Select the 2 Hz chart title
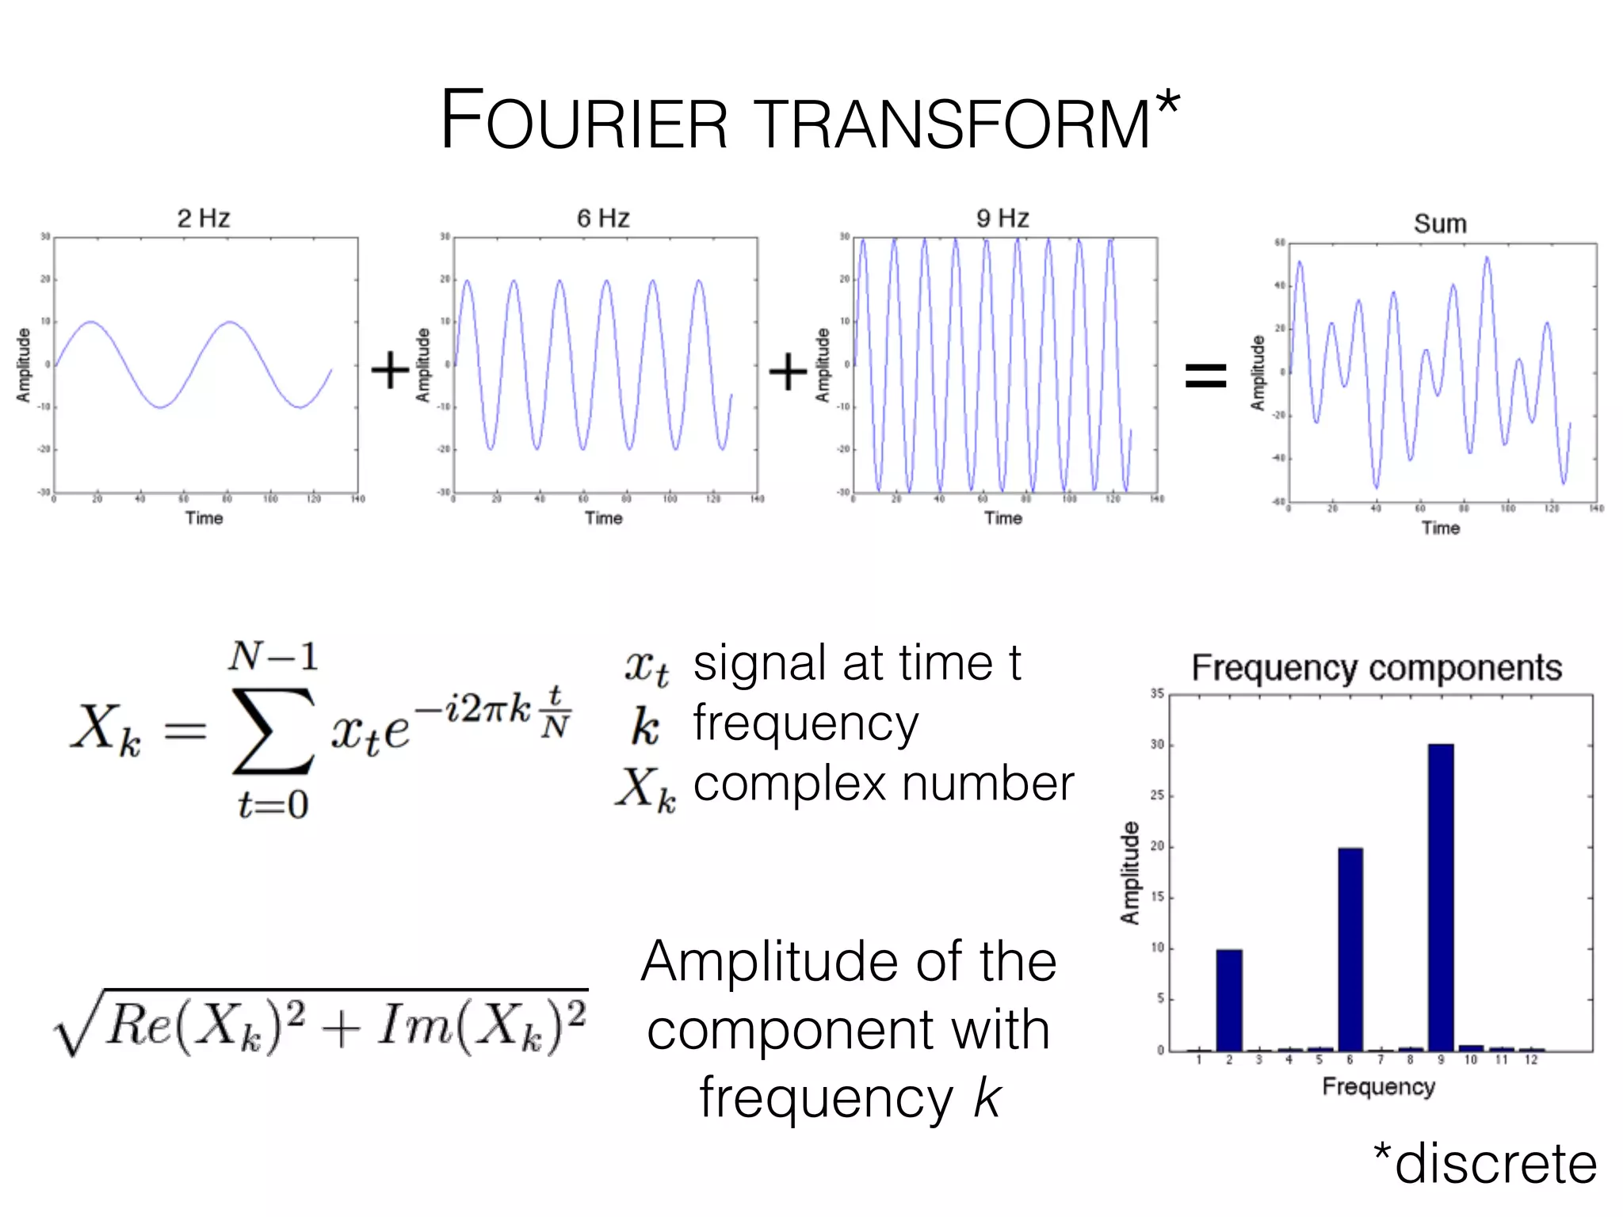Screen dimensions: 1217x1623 tap(204, 218)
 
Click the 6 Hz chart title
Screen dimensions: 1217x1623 tap(603, 218)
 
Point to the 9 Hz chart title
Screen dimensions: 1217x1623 tap(1002, 218)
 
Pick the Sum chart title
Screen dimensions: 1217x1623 tap(1440, 224)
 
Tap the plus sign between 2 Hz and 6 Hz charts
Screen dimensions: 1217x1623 tap(390, 371)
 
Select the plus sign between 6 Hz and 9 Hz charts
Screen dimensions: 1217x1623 tap(788, 371)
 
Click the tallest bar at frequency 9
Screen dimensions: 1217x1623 tap(1441, 895)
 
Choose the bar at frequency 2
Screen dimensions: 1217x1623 tap(1229, 1000)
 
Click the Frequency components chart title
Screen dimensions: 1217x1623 tap(1377, 668)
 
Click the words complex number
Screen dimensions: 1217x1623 tap(884, 784)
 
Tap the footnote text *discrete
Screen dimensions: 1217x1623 tap(1485, 1163)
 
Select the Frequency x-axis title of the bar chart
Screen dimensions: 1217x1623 tap(1378, 1086)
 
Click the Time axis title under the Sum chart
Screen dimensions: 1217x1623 tap(1440, 528)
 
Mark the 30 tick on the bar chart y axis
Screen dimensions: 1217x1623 tap(1158, 745)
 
